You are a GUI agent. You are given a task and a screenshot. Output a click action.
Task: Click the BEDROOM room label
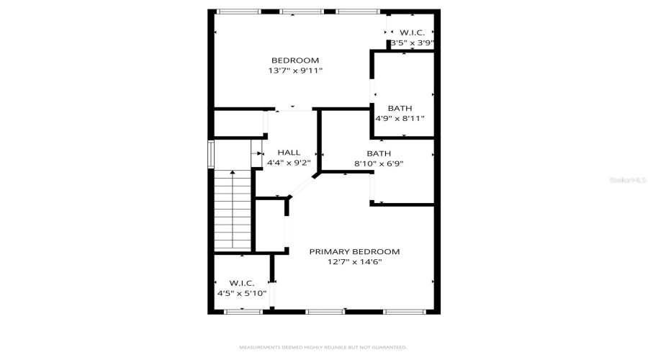click(294, 60)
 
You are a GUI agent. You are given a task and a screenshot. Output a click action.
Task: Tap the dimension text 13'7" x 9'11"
click(295, 71)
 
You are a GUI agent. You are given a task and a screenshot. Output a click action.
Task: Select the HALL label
click(289, 153)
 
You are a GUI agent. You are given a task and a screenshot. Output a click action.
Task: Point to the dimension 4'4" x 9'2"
click(289, 163)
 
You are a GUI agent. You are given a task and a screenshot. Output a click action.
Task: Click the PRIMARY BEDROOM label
click(354, 251)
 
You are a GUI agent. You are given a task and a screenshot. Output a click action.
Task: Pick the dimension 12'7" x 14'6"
click(354, 262)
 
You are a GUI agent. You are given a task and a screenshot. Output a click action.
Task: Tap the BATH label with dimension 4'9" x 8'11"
click(400, 108)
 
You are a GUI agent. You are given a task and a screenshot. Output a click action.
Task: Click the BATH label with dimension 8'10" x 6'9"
click(379, 153)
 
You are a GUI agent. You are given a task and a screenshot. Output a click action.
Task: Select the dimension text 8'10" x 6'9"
click(379, 163)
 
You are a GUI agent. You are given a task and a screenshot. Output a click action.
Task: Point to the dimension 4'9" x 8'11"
click(400, 119)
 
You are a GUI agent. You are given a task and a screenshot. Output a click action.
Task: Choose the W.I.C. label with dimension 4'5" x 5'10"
click(242, 283)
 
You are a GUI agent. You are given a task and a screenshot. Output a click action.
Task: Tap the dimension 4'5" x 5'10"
click(242, 294)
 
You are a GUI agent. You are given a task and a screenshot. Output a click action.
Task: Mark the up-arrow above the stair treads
click(232, 173)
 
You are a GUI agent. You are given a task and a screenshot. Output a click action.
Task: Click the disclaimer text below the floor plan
click(323, 347)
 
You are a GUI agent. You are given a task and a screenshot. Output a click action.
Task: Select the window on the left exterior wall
click(211, 153)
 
